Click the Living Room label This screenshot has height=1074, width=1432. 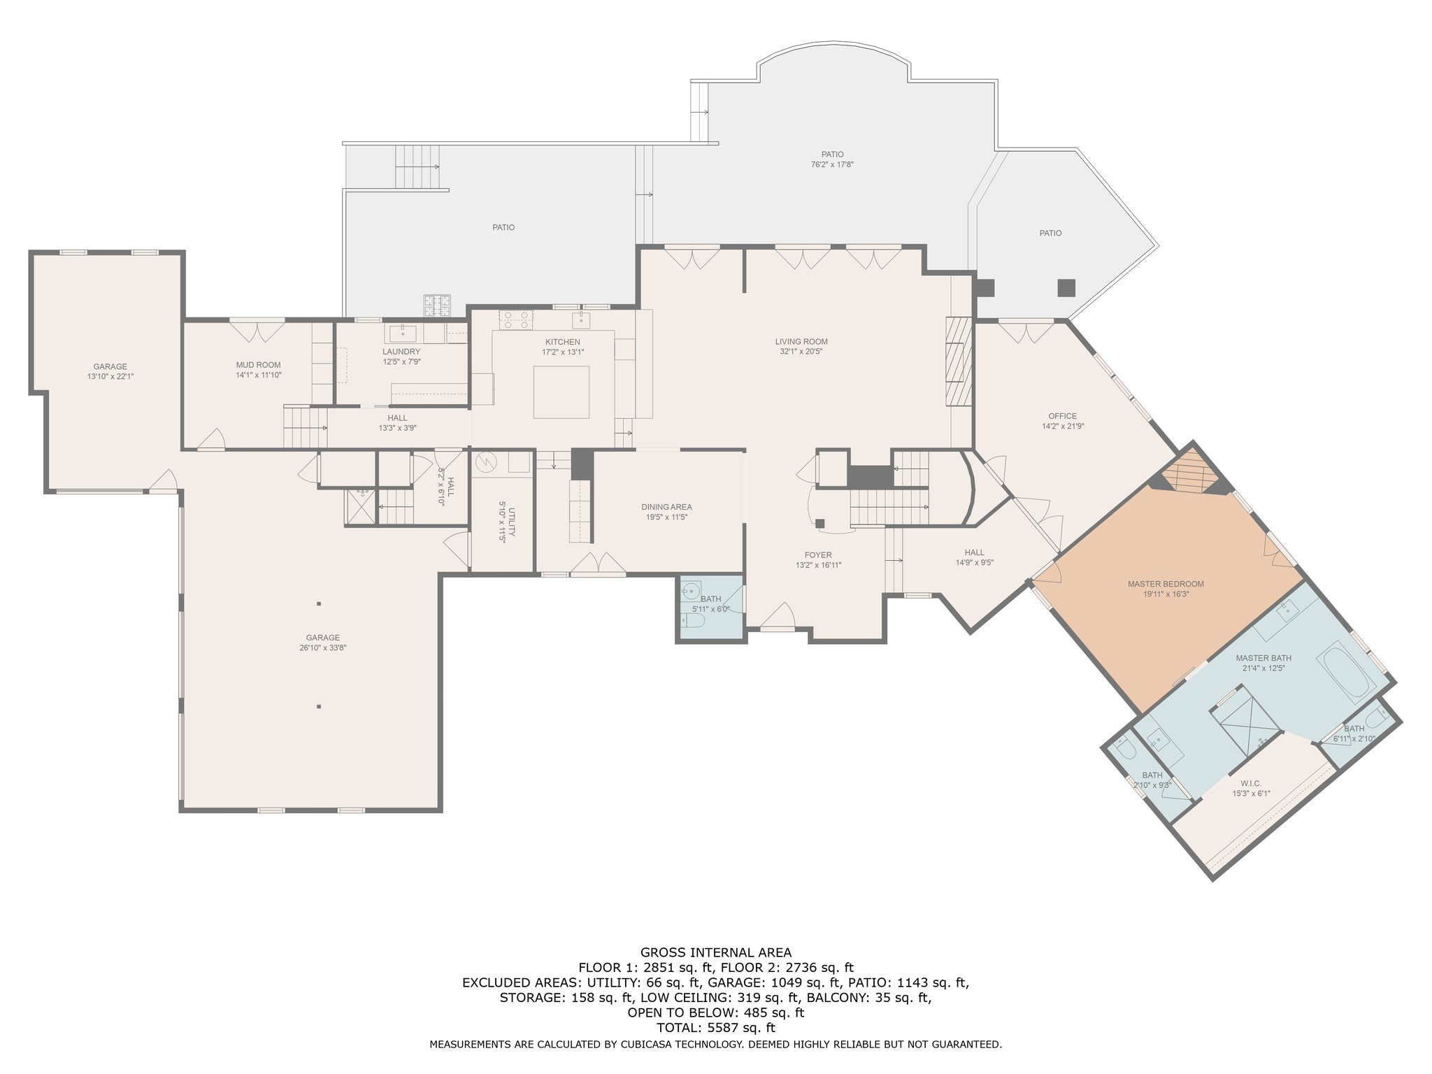[x=801, y=342]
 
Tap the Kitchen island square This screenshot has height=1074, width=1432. [x=561, y=392]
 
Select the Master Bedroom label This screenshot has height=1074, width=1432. [x=1166, y=584]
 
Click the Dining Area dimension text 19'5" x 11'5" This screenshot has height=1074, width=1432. [x=666, y=517]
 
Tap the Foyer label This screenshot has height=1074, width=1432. [x=818, y=555]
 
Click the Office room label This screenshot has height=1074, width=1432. [x=1063, y=416]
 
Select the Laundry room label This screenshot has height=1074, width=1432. [x=401, y=352]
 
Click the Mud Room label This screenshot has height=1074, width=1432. [x=258, y=365]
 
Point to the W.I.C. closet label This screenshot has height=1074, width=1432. [x=1251, y=784]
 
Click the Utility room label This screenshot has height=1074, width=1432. [x=512, y=522]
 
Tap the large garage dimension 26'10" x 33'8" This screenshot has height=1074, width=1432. [x=322, y=648]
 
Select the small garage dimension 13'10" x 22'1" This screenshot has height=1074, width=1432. [x=110, y=377]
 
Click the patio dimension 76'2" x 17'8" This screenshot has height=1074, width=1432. [x=832, y=165]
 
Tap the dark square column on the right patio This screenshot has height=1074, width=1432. [x=1066, y=287]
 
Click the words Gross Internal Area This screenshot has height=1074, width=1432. [x=716, y=952]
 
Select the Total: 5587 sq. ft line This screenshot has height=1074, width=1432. [x=716, y=1028]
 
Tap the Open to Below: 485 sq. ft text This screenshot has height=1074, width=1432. [x=716, y=1012]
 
